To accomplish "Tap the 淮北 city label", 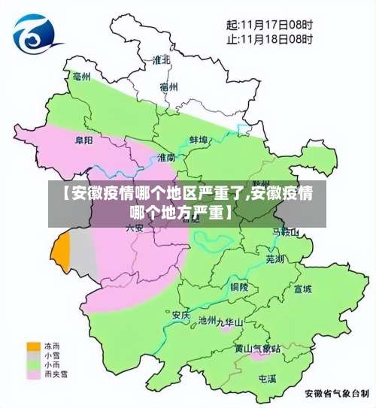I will tap(161, 59).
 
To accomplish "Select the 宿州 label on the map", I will tap(168, 86).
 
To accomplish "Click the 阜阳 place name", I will tap(83, 140).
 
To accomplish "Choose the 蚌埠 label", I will tap(198, 139).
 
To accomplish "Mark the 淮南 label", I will tap(166, 157).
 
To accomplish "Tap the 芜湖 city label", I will tap(276, 258).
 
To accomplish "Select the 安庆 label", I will tap(180, 314).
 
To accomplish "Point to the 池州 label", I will tap(207, 320).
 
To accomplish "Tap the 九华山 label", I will tap(230, 322).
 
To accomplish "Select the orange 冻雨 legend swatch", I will tap(34, 346).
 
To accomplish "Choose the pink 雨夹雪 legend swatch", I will tap(34, 373).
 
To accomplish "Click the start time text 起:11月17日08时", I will tap(268, 24).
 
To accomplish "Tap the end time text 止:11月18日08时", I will tap(268, 38).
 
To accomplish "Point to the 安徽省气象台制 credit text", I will tap(336, 392).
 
